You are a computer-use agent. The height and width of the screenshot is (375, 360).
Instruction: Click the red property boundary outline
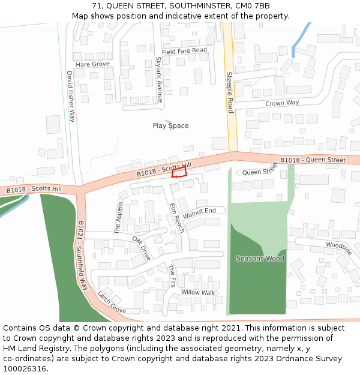click(x=179, y=173)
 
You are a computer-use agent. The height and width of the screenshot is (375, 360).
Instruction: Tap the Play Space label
click(x=170, y=126)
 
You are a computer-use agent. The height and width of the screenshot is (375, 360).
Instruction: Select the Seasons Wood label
click(x=260, y=259)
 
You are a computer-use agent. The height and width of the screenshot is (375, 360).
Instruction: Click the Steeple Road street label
click(x=229, y=92)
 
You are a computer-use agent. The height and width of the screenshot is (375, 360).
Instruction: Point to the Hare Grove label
click(x=92, y=64)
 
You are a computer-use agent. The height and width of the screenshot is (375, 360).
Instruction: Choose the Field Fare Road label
click(x=184, y=52)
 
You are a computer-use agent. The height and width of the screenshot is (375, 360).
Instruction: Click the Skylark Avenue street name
click(x=159, y=79)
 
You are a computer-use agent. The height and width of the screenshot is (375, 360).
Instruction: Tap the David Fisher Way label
click(x=71, y=97)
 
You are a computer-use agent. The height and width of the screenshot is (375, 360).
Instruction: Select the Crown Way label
click(x=282, y=103)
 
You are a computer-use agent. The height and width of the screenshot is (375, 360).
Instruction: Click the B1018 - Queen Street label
click(x=313, y=160)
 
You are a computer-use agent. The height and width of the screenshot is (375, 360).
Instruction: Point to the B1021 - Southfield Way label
click(x=83, y=256)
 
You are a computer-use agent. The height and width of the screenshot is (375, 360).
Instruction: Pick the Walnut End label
click(x=199, y=212)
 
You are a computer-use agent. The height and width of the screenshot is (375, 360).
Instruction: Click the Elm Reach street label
click(x=177, y=218)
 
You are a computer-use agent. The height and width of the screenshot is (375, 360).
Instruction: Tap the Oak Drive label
click(x=142, y=248)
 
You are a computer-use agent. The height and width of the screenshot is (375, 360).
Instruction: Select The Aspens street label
click(x=118, y=217)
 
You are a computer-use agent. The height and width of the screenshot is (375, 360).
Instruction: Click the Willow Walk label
click(x=198, y=293)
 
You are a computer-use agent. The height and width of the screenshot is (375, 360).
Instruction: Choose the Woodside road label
click(x=339, y=248)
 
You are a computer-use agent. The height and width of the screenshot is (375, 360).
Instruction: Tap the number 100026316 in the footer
click(x=25, y=368)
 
